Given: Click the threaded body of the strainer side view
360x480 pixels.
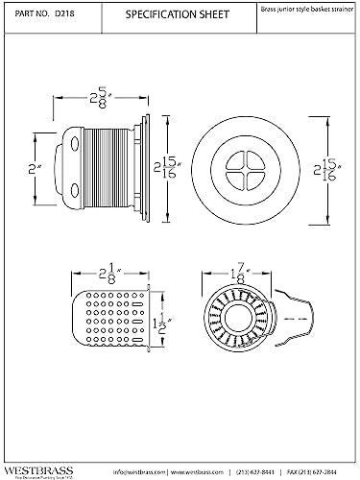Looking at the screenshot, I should (x=110, y=169).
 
